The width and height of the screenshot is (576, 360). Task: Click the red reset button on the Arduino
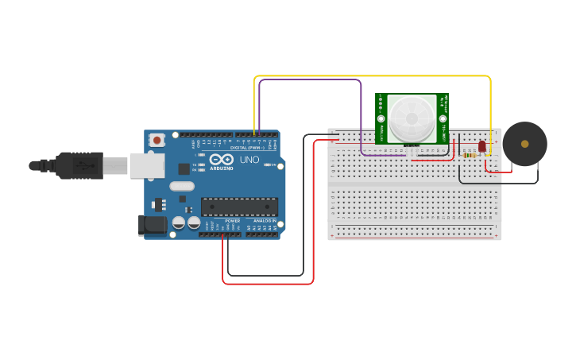click(157, 140)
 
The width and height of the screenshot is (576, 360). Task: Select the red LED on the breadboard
click(481, 146)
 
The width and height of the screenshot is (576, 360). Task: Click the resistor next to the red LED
click(470, 155)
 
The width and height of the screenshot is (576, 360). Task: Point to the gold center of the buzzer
click(524, 144)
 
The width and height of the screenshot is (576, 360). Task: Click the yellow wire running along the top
click(373, 76)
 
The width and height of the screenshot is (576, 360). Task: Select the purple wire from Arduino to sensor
click(310, 79)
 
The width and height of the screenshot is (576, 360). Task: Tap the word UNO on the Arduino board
click(249, 160)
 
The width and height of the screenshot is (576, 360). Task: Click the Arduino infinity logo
click(222, 160)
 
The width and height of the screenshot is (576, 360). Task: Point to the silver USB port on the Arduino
click(147, 165)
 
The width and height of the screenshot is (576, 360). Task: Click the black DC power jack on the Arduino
click(153, 225)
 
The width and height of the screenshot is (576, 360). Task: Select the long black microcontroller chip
click(239, 207)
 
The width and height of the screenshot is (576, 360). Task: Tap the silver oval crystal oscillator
click(181, 187)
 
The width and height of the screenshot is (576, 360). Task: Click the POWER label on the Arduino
click(232, 220)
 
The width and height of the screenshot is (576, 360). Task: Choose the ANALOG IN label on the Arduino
click(264, 220)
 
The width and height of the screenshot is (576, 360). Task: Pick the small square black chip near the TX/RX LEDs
click(184, 168)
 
